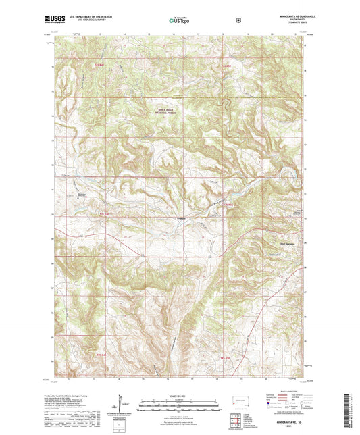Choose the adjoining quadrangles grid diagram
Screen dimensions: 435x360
click(238, 419)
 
